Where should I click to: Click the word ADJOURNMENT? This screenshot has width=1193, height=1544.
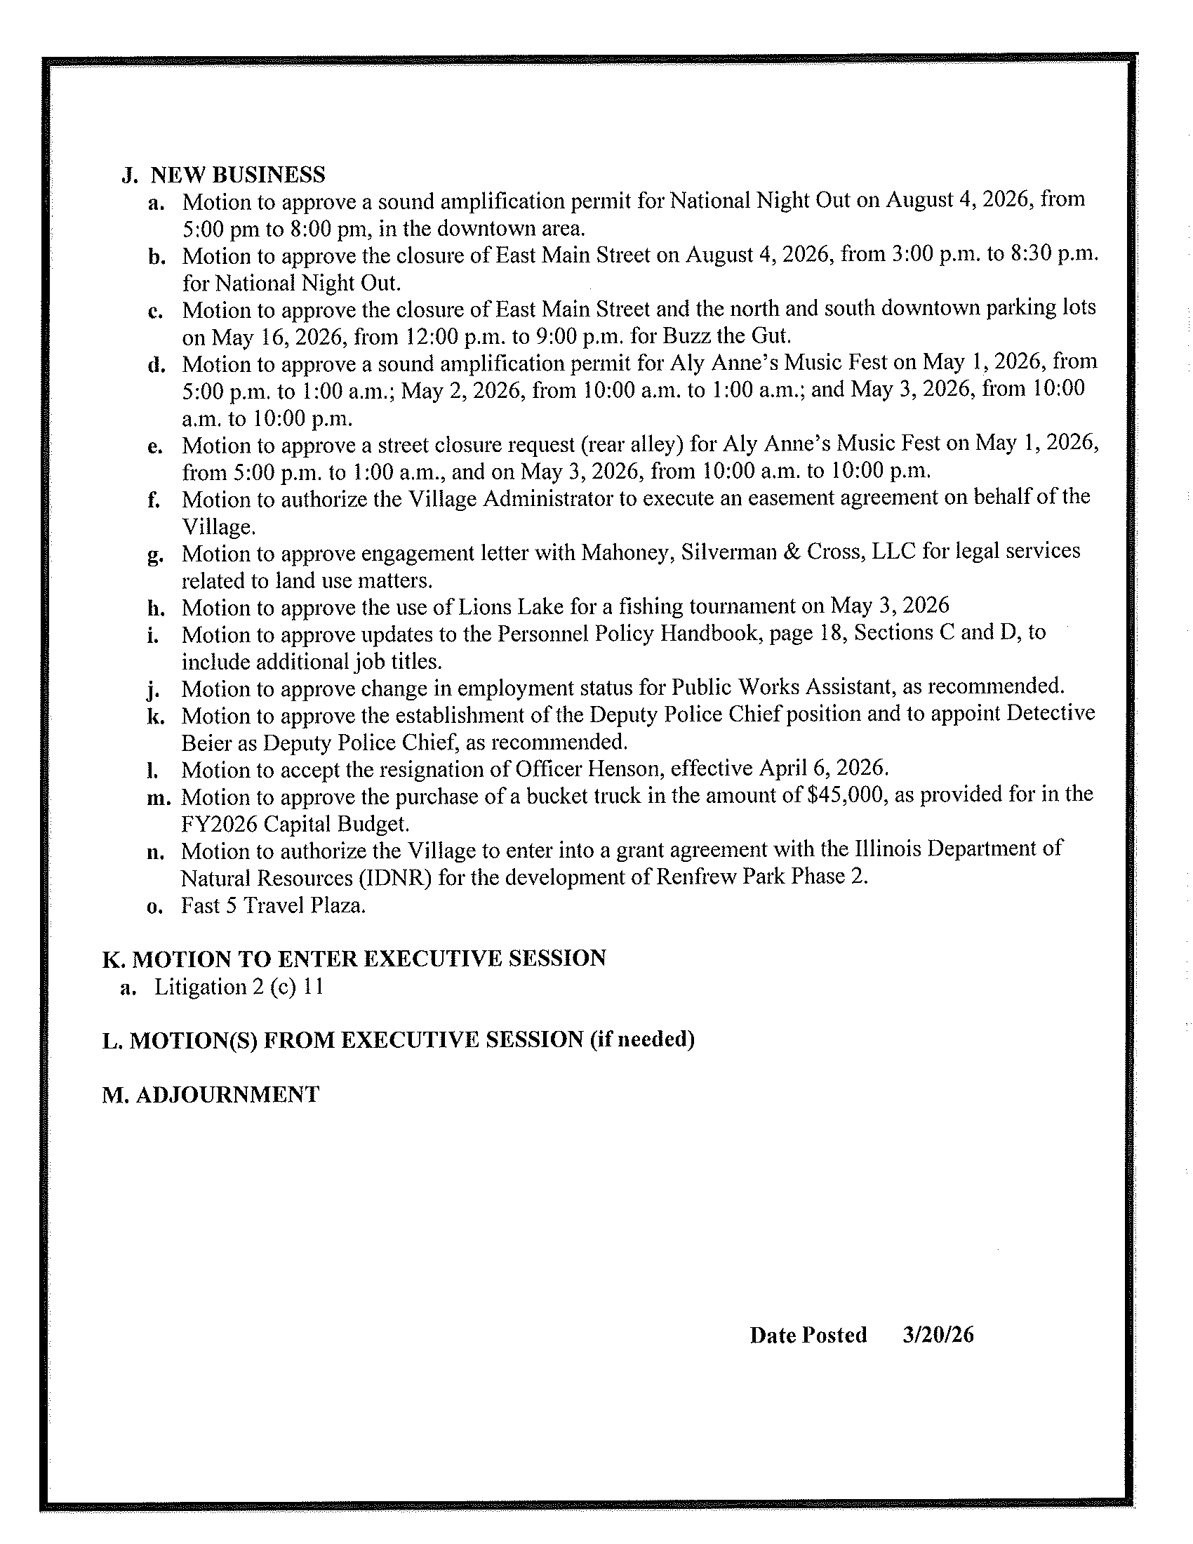pyautogui.click(x=227, y=1094)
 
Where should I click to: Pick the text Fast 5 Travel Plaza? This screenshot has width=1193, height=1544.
pyautogui.click(x=273, y=905)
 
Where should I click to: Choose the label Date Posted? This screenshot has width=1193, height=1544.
pyautogui.click(x=808, y=1335)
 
